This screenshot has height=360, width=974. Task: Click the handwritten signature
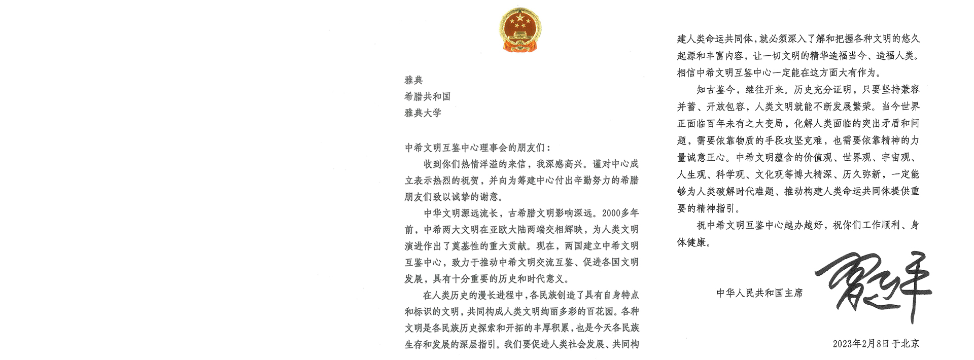pos(874,286)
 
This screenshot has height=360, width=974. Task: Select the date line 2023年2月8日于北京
pos(876,344)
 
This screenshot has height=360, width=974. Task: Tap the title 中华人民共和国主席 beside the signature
pos(759,293)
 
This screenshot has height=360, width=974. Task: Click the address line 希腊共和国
pos(427,96)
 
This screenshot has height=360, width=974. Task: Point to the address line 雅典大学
pos(423,113)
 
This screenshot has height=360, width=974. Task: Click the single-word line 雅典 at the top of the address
pos(413,80)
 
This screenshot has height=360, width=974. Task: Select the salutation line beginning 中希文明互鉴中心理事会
pos(477,148)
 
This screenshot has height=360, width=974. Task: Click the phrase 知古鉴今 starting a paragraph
pos(715,90)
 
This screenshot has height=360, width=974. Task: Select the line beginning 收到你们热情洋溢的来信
pos(531,164)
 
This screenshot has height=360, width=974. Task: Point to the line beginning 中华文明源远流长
pos(531,213)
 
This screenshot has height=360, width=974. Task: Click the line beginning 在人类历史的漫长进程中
pos(531,295)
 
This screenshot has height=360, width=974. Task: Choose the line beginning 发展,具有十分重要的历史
pos(487,279)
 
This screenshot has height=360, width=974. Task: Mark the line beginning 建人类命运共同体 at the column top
pos(798,39)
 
